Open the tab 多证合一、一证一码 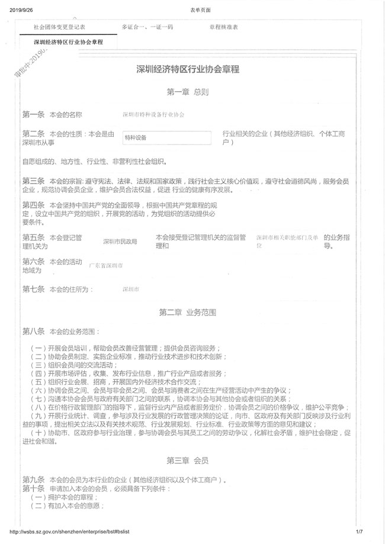147,27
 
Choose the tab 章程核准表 223,27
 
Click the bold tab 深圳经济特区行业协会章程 68,42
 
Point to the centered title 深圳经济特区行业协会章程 188,70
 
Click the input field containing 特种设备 166,137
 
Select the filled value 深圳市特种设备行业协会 153,114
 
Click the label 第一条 33,114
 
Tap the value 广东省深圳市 106,266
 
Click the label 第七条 33,289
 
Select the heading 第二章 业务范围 187,311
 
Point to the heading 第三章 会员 187,460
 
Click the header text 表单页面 201,10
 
